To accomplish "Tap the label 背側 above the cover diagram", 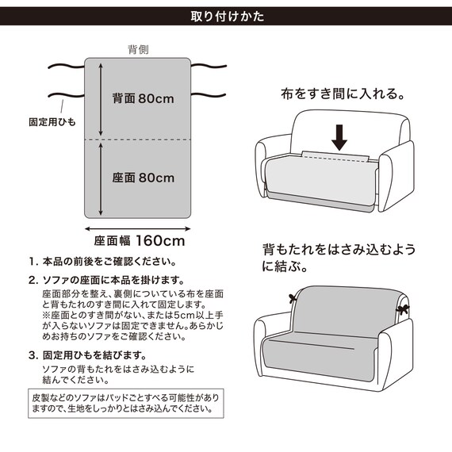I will tap(139, 48).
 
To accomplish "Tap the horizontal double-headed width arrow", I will tap(140, 226).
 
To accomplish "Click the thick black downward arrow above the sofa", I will tap(339, 136).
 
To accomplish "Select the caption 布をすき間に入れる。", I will tap(343, 93).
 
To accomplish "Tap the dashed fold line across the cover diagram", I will tap(140, 140).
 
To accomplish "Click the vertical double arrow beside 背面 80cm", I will tap(102, 98).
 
